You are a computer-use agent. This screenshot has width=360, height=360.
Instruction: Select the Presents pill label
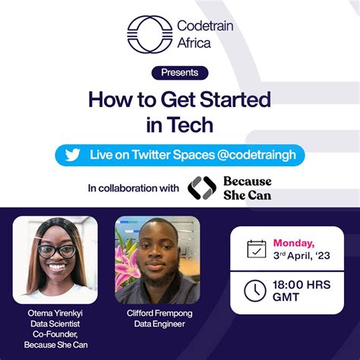tap(180, 73)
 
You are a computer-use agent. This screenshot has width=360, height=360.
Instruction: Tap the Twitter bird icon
tap(72, 155)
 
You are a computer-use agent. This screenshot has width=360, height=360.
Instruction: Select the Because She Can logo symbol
tap(201, 188)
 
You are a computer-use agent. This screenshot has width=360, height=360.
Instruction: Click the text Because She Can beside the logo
tap(247, 188)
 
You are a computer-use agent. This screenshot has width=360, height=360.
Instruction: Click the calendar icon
tap(257, 249)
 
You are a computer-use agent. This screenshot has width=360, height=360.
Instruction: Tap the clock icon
tap(255, 290)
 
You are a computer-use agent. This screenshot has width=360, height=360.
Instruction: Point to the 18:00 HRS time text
tap(302, 283)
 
